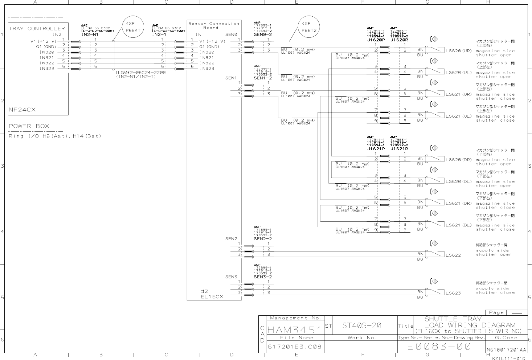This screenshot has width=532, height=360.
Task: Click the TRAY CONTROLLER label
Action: [37, 28]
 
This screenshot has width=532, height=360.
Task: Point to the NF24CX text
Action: [22, 110]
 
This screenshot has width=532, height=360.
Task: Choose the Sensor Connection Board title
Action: [214, 25]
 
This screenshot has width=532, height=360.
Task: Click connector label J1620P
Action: [376, 40]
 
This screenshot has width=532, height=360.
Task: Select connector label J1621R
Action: [399, 149]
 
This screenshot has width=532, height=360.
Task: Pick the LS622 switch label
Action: [453, 255]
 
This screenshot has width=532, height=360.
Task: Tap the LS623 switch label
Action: [453, 293]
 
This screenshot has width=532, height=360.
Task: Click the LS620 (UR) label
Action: [459, 51]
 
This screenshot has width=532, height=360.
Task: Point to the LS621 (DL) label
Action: [459, 225]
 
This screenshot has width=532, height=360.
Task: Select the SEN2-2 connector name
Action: [263, 239]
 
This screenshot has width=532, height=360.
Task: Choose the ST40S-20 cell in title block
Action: [361, 326]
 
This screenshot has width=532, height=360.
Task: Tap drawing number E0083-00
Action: [439, 347]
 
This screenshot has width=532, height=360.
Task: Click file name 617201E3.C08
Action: [294, 347]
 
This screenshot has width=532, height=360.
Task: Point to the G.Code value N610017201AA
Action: [506, 350]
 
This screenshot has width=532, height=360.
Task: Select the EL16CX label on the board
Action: [212, 296]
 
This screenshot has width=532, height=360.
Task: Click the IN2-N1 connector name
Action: [90, 34]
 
